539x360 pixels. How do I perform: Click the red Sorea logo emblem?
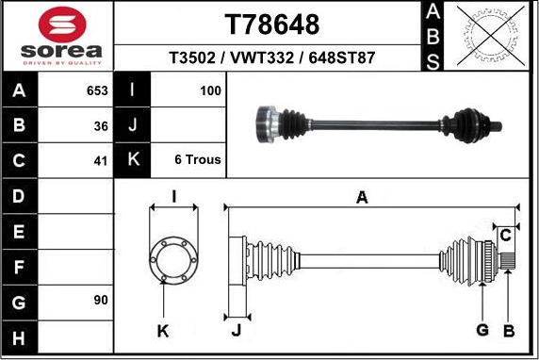(x=58, y=23)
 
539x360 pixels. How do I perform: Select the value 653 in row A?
(x=97, y=91)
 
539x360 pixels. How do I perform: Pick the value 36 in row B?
(x=101, y=125)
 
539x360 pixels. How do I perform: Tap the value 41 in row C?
(x=101, y=160)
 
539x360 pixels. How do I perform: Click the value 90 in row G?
(x=101, y=301)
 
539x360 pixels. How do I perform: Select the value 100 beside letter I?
(x=211, y=91)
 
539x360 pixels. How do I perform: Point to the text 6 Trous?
(x=198, y=160)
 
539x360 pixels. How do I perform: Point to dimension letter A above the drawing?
(x=361, y=197)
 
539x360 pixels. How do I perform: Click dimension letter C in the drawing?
(x=506, y=234)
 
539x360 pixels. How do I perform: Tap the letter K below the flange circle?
(x=163, y=331)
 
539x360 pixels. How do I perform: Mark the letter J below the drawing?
(x=237, y=331)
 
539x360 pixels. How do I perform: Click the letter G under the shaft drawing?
(x=482, y=329)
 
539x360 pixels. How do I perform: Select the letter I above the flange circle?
(x=174, y=196)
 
